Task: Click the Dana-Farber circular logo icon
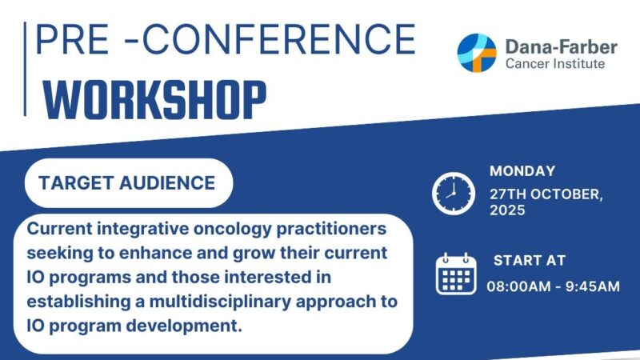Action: tap(478, 53)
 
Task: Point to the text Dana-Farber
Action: tap(561, 46)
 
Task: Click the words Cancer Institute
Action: tap(554, 64)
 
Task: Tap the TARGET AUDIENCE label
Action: tap(128, 183)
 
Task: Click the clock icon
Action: tap(454, 192)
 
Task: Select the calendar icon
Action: tap(456, 274)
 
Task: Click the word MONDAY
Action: tap(522, 170)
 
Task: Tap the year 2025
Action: tap(508, 211)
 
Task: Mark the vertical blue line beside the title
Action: tap(26, 69)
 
